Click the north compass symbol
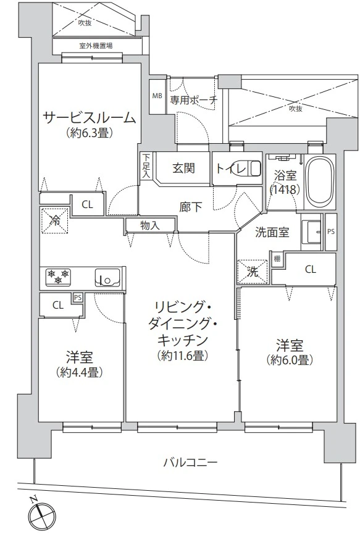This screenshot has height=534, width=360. coord(40,514)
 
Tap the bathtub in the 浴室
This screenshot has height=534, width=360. coord(320,181)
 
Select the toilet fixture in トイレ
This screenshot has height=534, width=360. coord(253,169)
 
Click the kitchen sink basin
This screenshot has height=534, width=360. coord(107,277)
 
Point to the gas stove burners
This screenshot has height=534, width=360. coord(59,276)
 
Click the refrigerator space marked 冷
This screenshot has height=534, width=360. coord(54,220)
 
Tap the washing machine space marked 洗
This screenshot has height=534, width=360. coord(253,272)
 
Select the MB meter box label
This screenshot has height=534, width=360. coord(157,96)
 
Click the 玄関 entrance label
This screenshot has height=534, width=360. coord(183,169)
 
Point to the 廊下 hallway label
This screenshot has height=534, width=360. coord(190,207)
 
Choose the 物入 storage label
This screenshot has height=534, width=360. coord(150,225)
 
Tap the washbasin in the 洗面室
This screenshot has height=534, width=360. coord(311,232)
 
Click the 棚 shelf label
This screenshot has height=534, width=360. coord(277,259)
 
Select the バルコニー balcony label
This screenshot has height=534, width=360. coord(190,463)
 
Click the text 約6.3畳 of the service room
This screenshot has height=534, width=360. coord(90,133)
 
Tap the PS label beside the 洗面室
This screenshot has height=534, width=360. coord(331,232)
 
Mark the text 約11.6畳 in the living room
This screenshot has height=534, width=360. coord(183,356)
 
